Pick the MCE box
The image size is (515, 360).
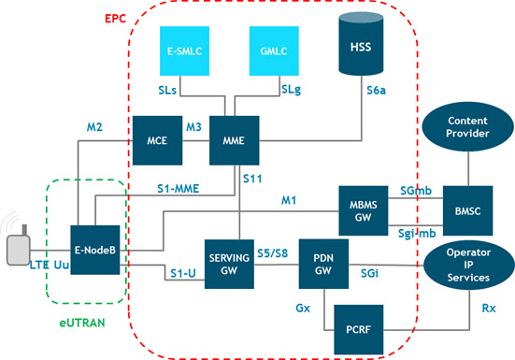[x=156, y=140]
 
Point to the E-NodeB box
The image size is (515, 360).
[x=96, y=251]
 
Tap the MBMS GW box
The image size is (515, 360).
[x=364, y=209]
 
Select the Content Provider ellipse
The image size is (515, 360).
[x=466, y=128]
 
